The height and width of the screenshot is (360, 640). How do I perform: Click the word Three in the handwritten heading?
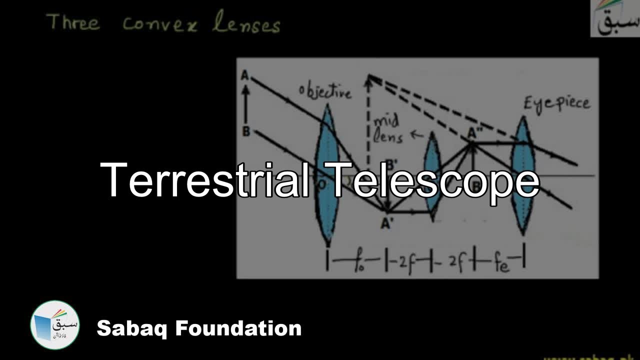tap(72, 22)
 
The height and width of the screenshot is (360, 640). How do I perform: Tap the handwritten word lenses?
tap(246, 24)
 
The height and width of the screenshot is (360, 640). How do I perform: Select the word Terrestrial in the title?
tap(209, 180)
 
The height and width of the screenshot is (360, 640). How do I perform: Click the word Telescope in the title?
tap(435, 181)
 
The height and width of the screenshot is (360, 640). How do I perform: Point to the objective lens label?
tap(325, 92)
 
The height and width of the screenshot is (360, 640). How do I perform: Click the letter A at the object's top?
tap(245, 75)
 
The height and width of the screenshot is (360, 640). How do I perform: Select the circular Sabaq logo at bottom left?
tap(55, 325)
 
